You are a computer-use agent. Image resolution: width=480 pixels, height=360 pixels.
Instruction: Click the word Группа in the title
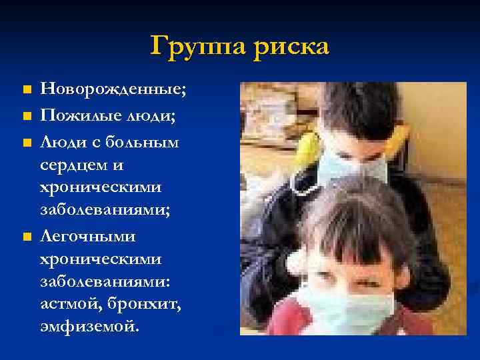197,47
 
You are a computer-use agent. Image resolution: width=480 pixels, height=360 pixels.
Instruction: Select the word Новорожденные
114,89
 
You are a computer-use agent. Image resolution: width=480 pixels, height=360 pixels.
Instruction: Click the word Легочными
88,236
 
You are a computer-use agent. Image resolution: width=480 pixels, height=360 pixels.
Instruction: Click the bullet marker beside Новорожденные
25,89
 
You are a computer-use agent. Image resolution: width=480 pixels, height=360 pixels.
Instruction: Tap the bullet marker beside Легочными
25,237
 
